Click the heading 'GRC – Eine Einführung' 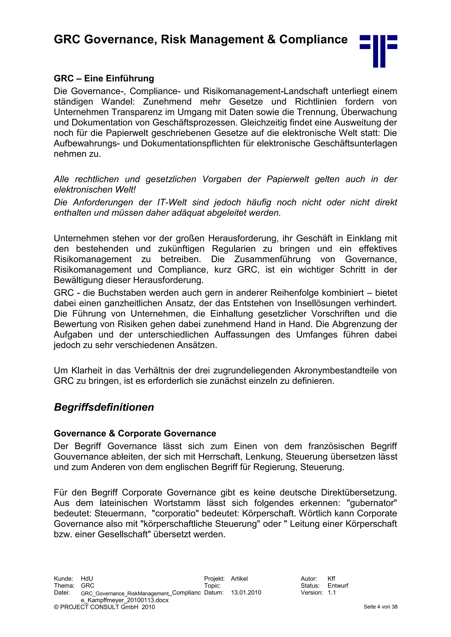pos(104,79)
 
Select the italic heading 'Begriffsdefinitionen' pos(104,407)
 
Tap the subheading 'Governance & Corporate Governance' pos(135,433)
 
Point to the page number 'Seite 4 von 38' pos(381,607)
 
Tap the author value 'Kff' pos(331,579)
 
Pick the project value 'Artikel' pos(239,579)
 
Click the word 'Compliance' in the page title pos(313,39)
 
